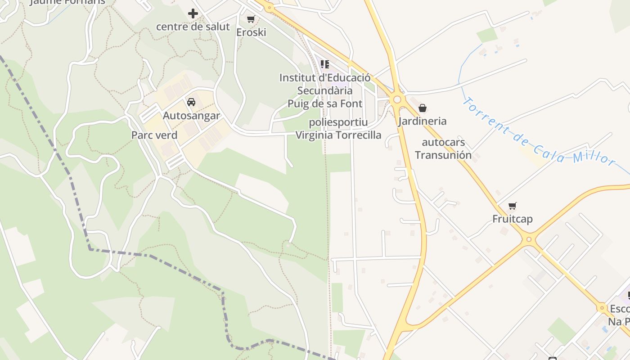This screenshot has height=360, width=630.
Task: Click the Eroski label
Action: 251,32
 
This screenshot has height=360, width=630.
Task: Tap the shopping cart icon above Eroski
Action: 251,19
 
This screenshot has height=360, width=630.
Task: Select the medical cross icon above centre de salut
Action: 193,13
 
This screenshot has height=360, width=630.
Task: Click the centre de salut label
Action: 193,27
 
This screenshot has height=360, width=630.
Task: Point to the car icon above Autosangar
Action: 191,102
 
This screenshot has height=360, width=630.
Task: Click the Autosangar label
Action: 191,116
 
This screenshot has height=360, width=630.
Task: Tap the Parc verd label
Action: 154,135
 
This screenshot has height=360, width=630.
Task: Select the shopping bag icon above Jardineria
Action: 422,108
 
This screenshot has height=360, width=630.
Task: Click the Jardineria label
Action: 422,121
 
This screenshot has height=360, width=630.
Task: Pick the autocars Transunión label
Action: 443,149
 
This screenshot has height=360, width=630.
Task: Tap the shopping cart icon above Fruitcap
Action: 512,206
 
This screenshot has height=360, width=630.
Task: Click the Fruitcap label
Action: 512,219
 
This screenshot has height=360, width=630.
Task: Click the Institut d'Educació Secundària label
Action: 325,84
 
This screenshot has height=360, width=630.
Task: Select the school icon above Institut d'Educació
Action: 325,64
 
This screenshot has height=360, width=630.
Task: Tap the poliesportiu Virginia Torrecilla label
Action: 338,129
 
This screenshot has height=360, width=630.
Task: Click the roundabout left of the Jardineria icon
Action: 397,99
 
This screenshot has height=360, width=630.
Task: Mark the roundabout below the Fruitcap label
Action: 529,239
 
